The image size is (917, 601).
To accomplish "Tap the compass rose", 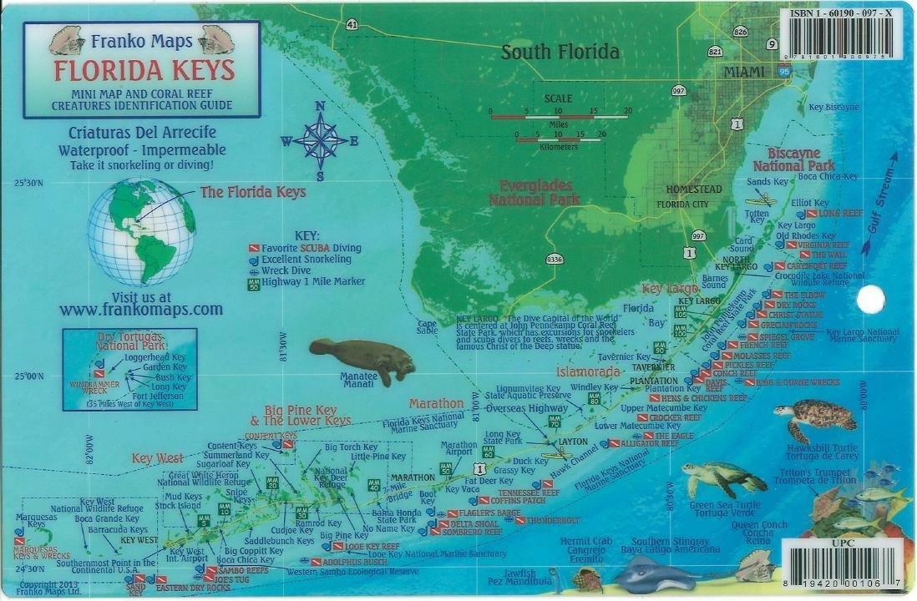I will tap(320, 140).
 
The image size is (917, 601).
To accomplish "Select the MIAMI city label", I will tap(743, 73).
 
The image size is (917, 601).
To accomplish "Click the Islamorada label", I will tap(588, 371).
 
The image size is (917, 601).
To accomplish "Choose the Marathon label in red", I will tap(436, 404).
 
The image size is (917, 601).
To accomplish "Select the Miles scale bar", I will tap(559, 117).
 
